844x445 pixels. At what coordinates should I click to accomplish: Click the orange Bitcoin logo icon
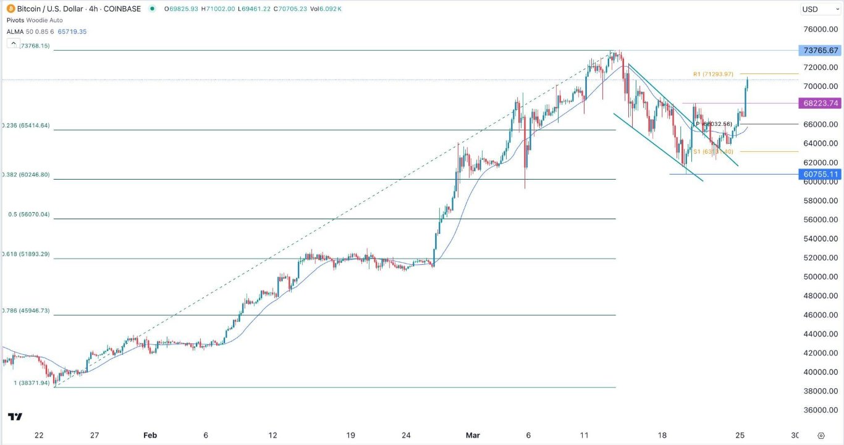pyautogui.click(x=9, y=9)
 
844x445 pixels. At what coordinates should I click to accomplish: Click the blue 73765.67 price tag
pyautogui.click(x=820, y=51)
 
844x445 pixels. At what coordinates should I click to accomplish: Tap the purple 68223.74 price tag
pyautogui.click(x=820, y=104)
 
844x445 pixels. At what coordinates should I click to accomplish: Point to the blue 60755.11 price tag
pyautogui.click(x=820, y=175)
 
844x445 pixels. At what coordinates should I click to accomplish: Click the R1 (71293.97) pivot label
pyautogui.click(x=713, y=74)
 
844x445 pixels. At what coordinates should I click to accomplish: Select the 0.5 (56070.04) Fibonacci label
pyautogui.click(x=28, y=215)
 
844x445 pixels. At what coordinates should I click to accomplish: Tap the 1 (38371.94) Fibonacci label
pyautogui.click(x=32, y=383)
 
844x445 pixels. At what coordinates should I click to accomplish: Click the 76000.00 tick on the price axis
pyautogui.click(x=820, y=30)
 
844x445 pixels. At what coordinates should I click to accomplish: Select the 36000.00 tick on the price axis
pyautogui.click(x=820, y=410)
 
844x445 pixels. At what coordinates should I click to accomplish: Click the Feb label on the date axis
pyautogui.click(x=150, y=435)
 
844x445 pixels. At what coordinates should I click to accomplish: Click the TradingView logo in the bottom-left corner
pyautogui.click(x=16, y=417)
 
